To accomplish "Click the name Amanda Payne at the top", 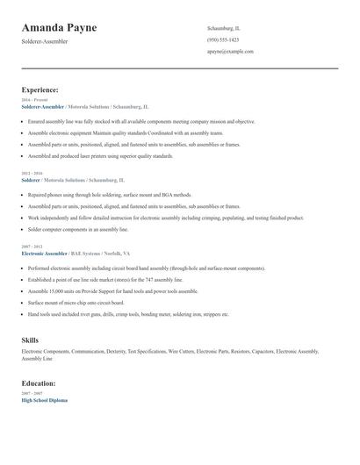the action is [x=59, y=28].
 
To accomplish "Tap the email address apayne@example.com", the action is [x=230, y=52].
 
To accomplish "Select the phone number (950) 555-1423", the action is [x=223, y=39].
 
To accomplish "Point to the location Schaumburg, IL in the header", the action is [x=223, y=28].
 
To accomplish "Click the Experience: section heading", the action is [x=40, y=89].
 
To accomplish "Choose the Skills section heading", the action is [x=30, y=339].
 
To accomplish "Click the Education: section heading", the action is [x=39, y=383].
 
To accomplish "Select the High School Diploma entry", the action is [x=44, y=400].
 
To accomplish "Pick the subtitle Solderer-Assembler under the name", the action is [x=46, y=41].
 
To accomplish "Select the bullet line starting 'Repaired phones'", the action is [x=109, y=195].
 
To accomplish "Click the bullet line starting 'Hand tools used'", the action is [x=128, y=313].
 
